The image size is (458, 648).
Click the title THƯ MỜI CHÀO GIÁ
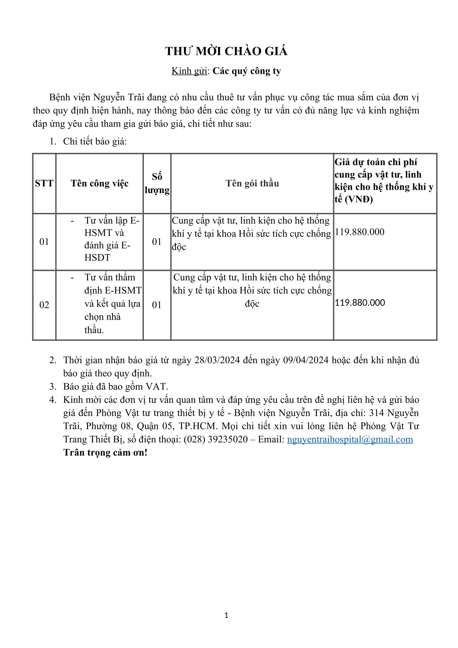tap(226, 51)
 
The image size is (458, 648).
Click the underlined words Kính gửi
tap(189, 71)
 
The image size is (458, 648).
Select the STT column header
tap(44, 183)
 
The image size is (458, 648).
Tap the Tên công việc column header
tap(100, 183)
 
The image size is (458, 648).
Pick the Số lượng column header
tap(157, 183)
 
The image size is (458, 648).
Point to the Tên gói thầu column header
tap(252, 183)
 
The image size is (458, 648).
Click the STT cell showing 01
tap(44, 242)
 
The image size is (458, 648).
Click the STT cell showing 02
tap(44, 305)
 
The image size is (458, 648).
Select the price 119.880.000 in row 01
tap(360, 232)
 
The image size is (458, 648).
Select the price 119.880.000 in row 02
tap(360, 303)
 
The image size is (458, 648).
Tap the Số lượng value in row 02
tap(156, 305)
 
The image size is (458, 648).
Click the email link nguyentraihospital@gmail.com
tap(350, 439)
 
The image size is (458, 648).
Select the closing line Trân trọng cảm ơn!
tap(105, 452)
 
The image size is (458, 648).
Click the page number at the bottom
tap(227, 615)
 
